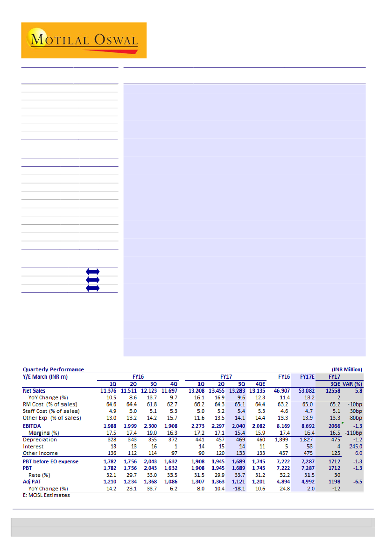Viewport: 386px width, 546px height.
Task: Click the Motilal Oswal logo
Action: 84,40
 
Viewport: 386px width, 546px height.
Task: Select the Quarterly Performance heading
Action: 53,369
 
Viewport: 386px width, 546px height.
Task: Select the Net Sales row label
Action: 34,390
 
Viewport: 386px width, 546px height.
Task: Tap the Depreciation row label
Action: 40,440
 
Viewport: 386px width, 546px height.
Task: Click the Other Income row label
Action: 40,453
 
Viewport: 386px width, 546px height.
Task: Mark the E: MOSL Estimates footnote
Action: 46,495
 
